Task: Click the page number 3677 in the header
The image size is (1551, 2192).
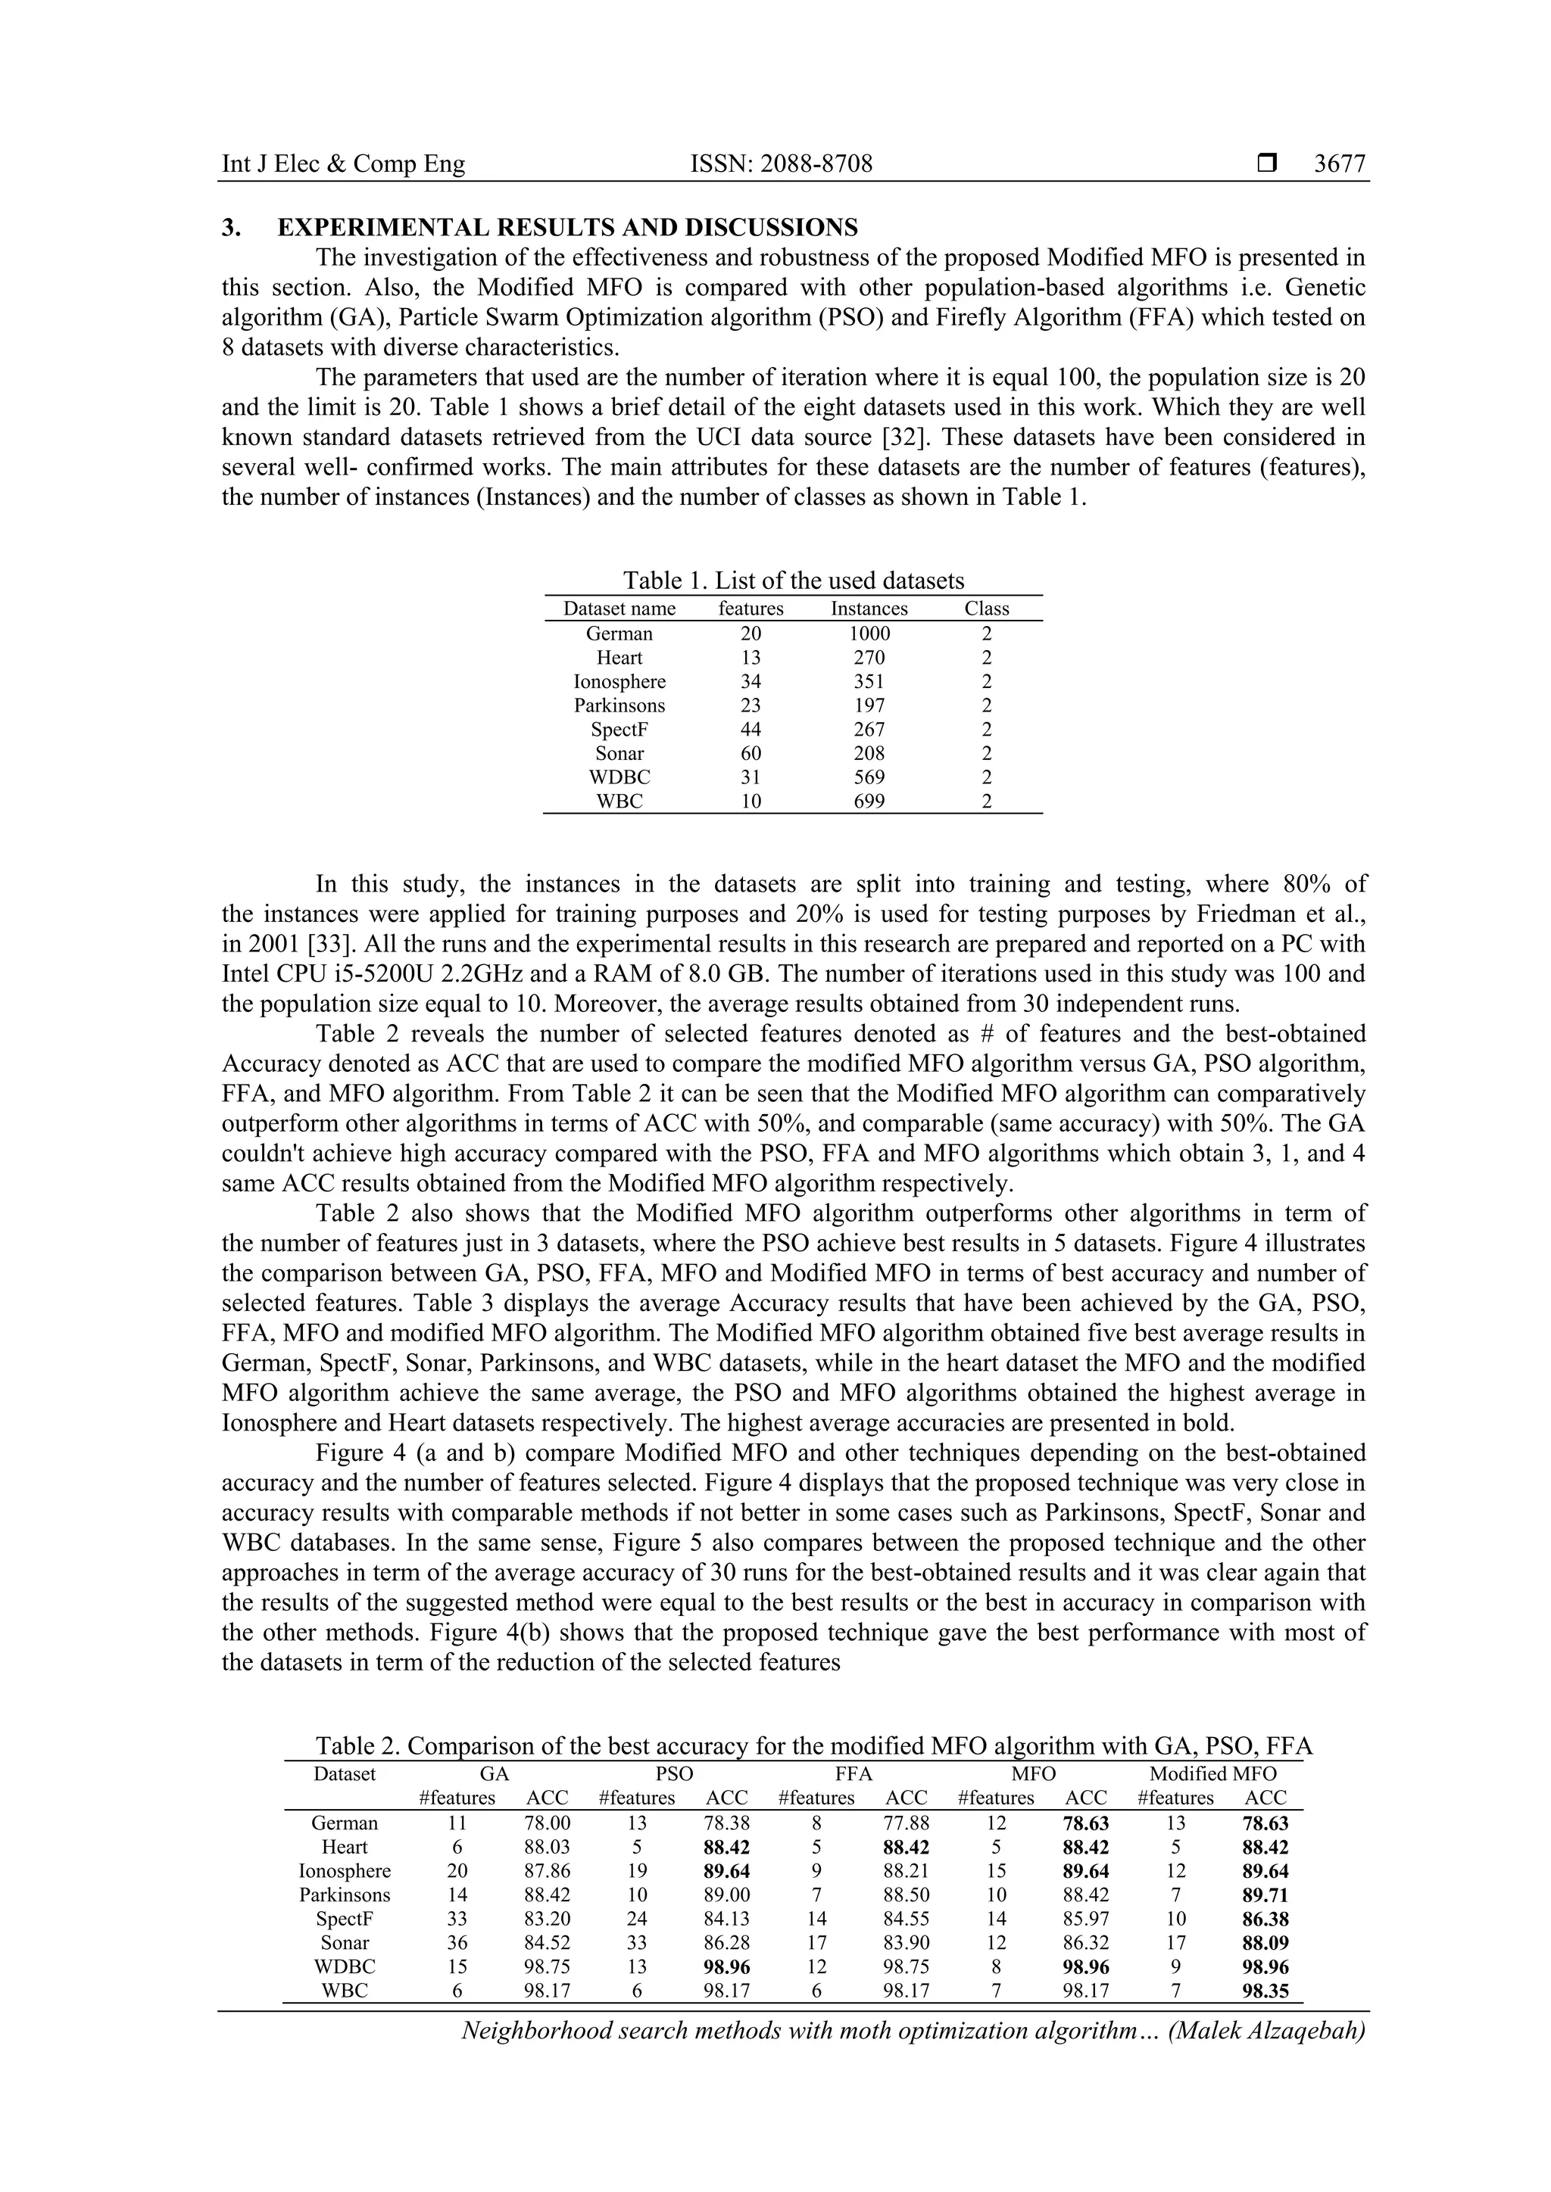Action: tap(1339, 164)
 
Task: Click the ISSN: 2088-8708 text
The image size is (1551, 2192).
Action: tap(782, 164)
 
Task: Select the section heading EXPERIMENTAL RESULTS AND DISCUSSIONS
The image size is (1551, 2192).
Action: tap(567, 227)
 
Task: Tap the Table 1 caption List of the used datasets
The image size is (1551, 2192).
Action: tap(794, 581)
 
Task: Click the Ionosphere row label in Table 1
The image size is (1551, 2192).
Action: tap(619, 682)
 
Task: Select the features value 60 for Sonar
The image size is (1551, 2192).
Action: tap(751, 753)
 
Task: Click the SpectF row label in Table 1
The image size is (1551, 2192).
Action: tap(619, 730)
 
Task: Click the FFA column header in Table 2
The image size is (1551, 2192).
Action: tap(854, 1774)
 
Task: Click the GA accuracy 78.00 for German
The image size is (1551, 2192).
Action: tap(548, 1823)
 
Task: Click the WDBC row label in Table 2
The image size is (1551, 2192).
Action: tap(345, 1966)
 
